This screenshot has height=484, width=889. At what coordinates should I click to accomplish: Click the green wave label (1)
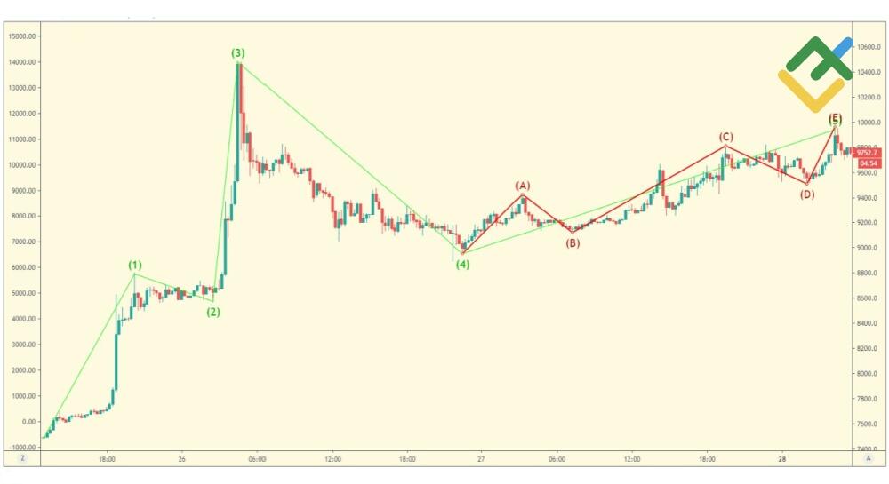coord(134,265)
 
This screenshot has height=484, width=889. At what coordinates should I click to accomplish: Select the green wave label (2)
coord(213,312)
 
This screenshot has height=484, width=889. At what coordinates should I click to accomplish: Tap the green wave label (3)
coord(238,53)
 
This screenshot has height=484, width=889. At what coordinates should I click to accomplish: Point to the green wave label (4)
coord(462,264)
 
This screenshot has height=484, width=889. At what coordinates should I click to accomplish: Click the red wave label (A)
coord(523,186)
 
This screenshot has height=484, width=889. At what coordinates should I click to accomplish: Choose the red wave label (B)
coord(573,242)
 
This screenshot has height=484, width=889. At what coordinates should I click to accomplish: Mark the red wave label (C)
coord(726,137)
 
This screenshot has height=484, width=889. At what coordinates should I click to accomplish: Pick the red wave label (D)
coord(806,194)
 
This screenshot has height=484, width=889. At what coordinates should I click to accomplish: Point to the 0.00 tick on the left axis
coord(28,421)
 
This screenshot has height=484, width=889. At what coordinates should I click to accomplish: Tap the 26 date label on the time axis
coord(182,459)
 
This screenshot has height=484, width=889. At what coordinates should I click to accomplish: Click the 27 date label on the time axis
coord(481,459)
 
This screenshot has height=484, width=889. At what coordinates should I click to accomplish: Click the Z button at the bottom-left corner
coord(21,459)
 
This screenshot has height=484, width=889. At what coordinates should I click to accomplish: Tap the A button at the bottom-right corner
coord(868,459)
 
